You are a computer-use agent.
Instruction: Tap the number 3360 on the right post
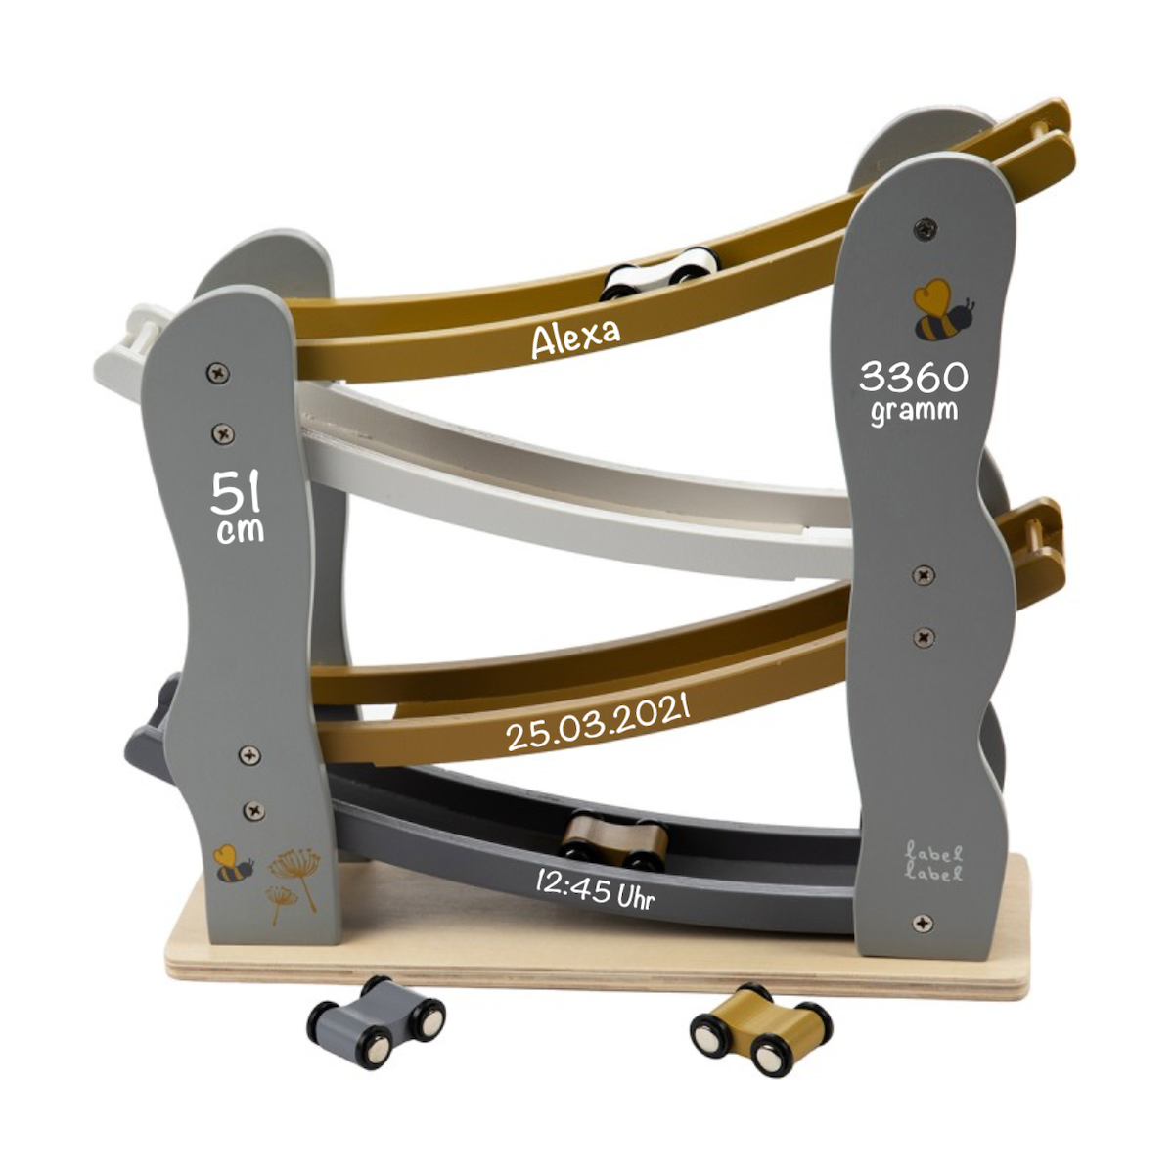pyautogui.click(x=913, y=377)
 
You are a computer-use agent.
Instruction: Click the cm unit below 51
pyautogui.click(x=240, y=530)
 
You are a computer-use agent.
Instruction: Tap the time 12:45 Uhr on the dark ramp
pyautogui.click(x=595, y=890)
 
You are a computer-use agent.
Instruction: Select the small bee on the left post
pyautogui.click(x=233, y=863)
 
